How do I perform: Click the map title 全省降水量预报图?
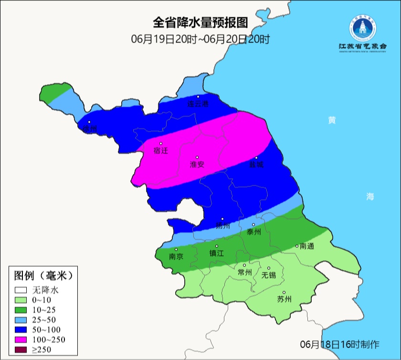[x=201, y=22]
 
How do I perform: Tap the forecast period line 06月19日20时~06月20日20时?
[x=200, y=39]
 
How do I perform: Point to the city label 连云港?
[x=198, y=104]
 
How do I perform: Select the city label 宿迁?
[x=161, y=150]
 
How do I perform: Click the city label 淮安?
[x=197, y=164]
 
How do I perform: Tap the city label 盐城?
[x=256, y=164]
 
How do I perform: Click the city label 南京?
[x=176, y=256]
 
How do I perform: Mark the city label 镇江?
[x=216, y=254]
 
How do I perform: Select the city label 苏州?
[x=284, y=299]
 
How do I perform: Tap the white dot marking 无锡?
[x=269, y=268]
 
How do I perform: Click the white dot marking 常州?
[x=244, y=265]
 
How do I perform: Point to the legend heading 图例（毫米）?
[x=42, y=275]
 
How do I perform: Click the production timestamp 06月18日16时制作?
[x=339, y=344]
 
